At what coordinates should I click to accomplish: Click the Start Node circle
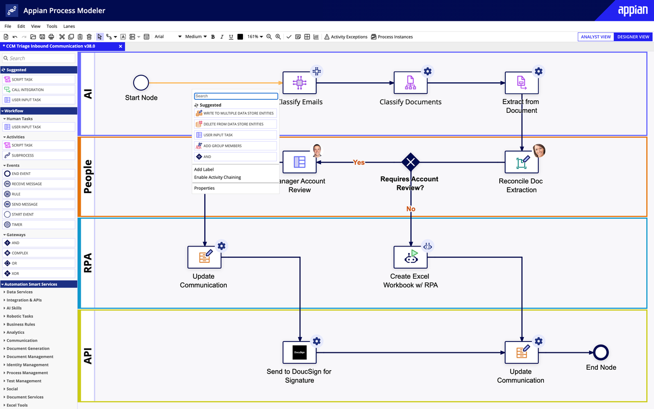141,83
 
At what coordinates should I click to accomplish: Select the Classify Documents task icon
410,83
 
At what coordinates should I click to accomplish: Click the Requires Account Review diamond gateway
410,162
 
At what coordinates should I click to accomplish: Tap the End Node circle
601,352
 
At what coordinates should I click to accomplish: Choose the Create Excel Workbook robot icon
410,257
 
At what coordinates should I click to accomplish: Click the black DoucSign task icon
299,352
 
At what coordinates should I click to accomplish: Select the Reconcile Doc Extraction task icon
522,162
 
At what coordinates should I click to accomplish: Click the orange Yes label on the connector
359,163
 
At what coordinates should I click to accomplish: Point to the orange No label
410,209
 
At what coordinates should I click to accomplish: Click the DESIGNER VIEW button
633,37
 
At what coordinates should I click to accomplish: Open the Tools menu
52,26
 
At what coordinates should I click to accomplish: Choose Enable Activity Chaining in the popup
217,177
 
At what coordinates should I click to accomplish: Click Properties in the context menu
204,188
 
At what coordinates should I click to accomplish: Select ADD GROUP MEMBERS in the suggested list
222,146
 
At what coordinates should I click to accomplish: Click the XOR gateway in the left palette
16,273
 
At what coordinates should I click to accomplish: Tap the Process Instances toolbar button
392,37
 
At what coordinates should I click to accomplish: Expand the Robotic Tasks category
20,316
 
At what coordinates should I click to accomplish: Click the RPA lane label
87,263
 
